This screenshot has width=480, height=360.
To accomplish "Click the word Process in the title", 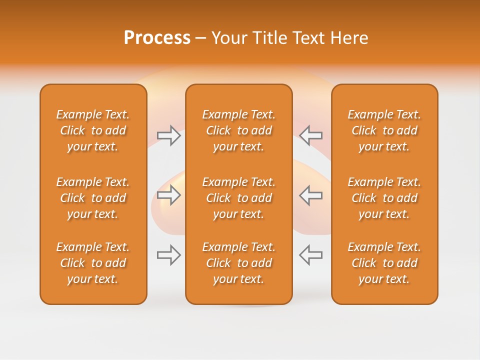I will (x=157, y=38).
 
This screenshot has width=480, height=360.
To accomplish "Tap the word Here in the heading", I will (x=349, y=38).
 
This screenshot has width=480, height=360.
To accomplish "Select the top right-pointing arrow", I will (x=169, y=135).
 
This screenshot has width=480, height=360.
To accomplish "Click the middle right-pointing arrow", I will (x=169, y=195).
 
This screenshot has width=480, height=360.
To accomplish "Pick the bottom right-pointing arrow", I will (x=169, y=255).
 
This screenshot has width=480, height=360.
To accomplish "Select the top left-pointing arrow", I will (x=310, y=135).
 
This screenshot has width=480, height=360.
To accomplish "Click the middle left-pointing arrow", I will (x=310, y=195).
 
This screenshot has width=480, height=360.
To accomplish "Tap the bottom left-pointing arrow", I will (x=310, y=255).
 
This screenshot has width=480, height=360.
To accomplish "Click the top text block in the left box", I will (x=93, y=130).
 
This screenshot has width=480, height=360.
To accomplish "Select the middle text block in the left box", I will (x=93, y=198).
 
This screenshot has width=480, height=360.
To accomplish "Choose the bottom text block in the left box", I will (x=93, y=263).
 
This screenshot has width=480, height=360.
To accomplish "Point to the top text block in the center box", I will (x=238, y=130).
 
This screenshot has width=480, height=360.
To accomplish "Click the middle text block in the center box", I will (x=238, y=198).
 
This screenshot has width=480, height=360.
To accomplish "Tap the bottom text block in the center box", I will (x=238, y=263).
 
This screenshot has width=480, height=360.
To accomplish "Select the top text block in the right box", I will (x=384, y=130).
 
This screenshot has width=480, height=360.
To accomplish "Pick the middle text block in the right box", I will (x=384, y=198).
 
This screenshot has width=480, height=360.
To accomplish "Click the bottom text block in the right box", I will (x=384, y=263).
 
